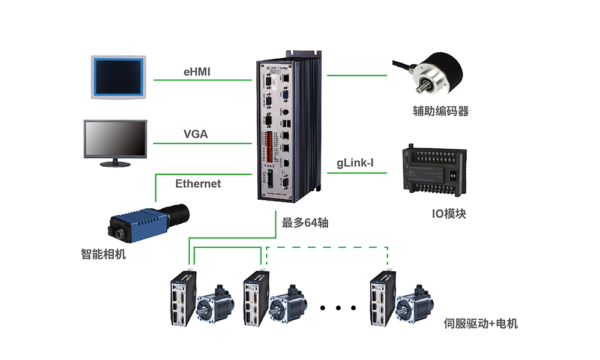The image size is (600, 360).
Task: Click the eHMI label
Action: (x=197, y=73)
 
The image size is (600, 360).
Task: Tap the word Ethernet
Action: (x=198, y=184)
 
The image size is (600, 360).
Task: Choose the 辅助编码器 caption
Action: (x=440, y=111)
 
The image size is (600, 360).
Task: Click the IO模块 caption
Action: (x=449, y=214)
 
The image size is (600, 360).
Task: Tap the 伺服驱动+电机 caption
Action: (x=481, y=324)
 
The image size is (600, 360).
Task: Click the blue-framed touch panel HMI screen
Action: (x=118, y=77)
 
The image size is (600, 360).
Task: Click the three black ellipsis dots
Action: (x=338, y=308)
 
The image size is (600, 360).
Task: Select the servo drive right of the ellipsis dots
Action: (x=382, y=298)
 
